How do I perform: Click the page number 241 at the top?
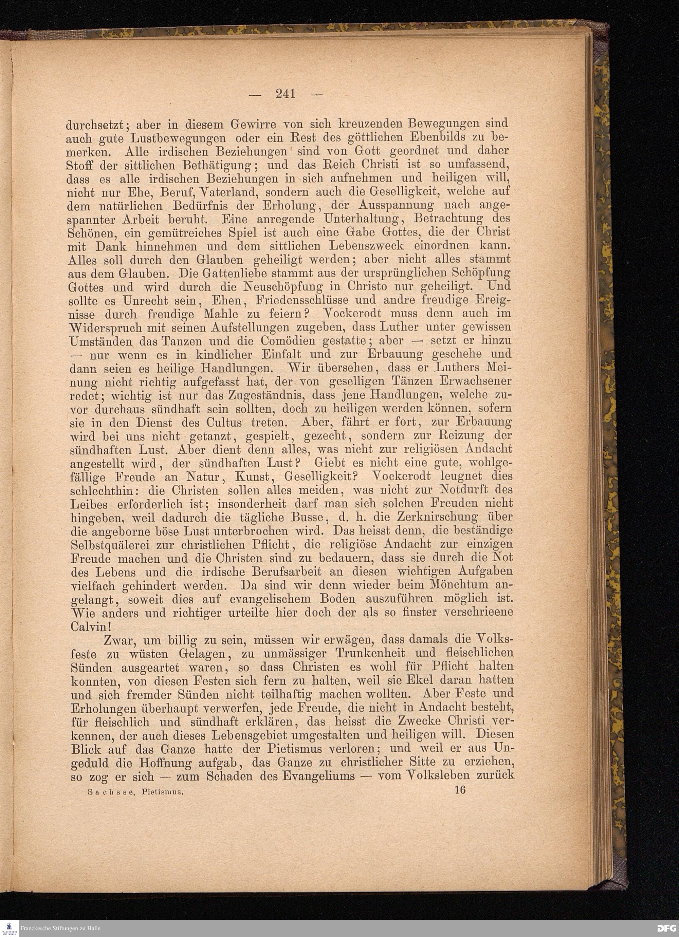pyautogui.click(x=286, y=94)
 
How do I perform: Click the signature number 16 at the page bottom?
pyautogui.click(x=460, y=790)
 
